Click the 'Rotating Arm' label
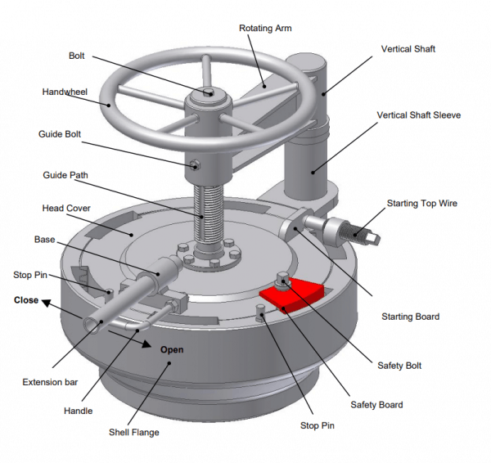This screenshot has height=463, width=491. (x=265, y=29)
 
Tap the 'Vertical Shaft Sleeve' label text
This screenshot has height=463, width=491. (x=418, y=115)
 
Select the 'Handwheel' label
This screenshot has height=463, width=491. (x=64, y=92)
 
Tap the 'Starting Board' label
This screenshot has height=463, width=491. (x=410, y=317)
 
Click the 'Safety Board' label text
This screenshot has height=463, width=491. (x=376, y=404)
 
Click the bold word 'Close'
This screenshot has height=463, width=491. (x=26, y=300)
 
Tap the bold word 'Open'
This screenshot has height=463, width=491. (x=172, y=349)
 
